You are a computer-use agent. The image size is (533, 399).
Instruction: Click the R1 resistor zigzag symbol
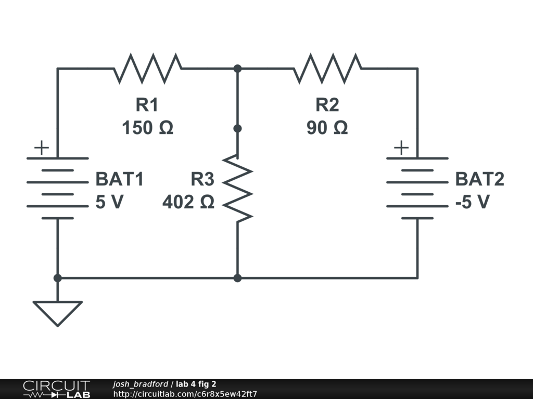(x=147, y=68)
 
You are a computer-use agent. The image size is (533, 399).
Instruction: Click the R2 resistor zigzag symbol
(x=327, y=68)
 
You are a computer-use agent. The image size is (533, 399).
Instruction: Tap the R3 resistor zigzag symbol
(x=237, y=188)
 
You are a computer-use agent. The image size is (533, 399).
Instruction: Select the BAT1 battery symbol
(x=57, y=188)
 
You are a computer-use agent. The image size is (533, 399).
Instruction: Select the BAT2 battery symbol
(x=417, y=188)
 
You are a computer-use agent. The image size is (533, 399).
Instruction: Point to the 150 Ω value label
(x=147, y=128)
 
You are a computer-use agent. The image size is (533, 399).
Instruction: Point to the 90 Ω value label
(x=327, y=128)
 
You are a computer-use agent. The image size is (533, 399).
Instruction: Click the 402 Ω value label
(x=188, y=202)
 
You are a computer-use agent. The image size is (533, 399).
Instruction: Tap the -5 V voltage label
(x=473, y=202)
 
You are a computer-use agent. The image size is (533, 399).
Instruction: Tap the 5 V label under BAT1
(x=109, y=202)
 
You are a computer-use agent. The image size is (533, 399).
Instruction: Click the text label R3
(x=202, y=179)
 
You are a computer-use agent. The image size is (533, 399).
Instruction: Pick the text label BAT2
(x=479, y=179)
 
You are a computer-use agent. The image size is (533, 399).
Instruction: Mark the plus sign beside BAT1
(x=42, y=148)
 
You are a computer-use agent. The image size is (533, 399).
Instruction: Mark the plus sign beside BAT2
(x=401, y=148)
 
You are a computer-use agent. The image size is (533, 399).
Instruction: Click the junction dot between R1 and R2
(x=237, y=69)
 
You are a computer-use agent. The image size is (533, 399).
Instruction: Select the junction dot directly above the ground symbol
(x=57, y=278)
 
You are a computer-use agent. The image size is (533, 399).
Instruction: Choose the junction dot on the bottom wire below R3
(x=237, y=278)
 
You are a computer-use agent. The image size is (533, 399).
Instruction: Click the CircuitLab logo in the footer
(x=56, y=389)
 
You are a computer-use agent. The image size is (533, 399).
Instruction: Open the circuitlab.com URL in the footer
(x=185, y=394)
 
